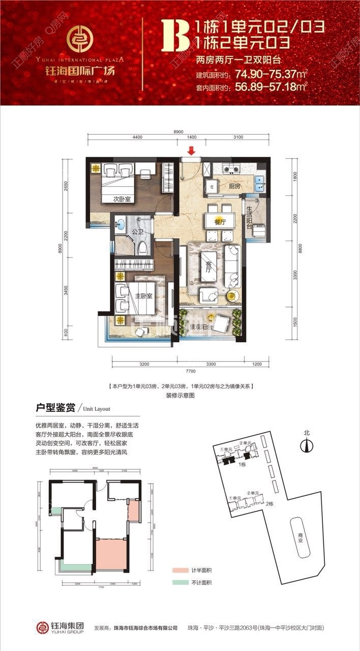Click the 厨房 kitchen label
pyautogui.click(x=234, y=187)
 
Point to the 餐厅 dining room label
pyautogui.click(x=220, y=222)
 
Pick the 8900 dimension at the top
pyautogui.click(x=178, y=132)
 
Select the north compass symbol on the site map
pyautogui.click(x=306, y=444)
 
